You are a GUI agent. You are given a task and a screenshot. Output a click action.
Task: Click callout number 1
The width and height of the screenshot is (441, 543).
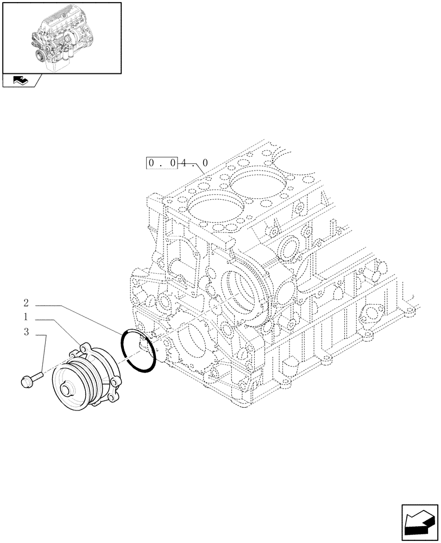[x=26, y=316]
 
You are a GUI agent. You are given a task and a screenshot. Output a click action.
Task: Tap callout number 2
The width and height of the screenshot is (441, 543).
[x=26, y=302]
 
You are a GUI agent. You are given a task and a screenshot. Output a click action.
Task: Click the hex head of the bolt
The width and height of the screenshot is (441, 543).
[x=27, y=382]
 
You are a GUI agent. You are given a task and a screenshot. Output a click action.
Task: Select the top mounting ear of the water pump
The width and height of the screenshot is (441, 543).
[x=84, y=346]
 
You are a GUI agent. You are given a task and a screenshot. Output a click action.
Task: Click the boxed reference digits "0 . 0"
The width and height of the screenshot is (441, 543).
[x=162, y=162]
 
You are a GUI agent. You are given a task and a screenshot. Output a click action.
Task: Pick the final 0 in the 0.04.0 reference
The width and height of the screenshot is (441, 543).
[x=205, y=162]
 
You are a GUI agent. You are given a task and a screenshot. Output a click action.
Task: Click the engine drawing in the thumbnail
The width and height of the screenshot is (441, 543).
[x=61, y=37]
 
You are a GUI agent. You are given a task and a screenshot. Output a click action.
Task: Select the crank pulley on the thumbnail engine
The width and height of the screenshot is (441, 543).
[x=40, y=56]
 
